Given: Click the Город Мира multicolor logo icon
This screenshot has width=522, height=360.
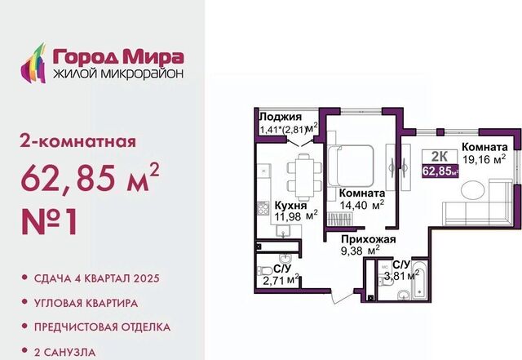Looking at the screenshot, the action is tap(33, 64).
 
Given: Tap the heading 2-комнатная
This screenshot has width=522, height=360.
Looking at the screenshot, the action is tap(78, 141).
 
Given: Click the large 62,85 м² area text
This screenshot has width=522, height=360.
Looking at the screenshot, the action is tap(90, 177).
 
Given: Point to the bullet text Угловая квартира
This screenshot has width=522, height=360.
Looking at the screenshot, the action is tap(86, 304).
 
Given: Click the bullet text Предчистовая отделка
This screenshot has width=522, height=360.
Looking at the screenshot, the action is tap(102, 327).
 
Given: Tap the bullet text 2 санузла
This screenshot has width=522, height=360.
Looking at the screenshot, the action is tap(65, 352).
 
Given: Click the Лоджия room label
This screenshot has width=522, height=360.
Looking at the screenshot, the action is tap(281, 117).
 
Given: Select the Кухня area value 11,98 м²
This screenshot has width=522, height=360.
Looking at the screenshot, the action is tap(296, 216).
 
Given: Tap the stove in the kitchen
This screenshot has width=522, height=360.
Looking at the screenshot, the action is tap(263, 209).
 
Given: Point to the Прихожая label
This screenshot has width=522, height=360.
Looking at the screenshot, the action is tap(369, 239).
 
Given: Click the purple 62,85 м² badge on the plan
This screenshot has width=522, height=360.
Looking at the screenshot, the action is tap(440, 171).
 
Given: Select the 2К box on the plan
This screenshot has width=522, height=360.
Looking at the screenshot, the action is tap(440, 157).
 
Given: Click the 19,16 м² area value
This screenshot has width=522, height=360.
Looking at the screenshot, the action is tap(484, 159).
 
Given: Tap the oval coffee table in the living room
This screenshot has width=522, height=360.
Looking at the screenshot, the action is tap(473, 191).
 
